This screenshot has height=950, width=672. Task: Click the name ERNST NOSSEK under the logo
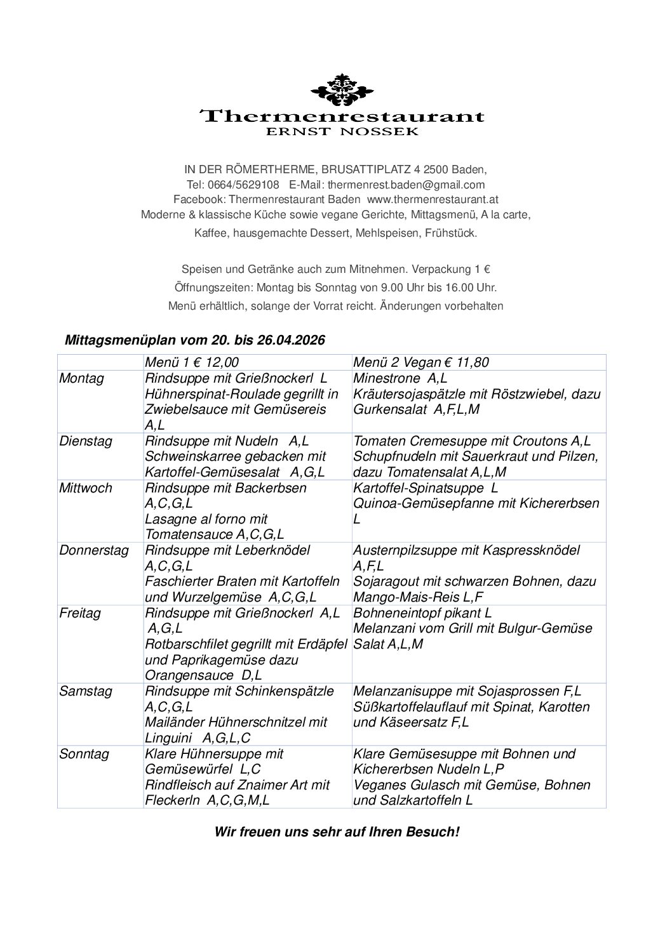[342, 132]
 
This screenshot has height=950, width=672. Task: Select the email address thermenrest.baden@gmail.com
[406, 185]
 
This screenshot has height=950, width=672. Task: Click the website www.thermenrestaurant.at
[433, 199]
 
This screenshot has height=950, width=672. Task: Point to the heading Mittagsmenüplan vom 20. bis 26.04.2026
[195, 340]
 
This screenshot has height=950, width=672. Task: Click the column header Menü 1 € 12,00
[192, 362]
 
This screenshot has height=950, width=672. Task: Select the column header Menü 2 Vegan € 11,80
[420, 362]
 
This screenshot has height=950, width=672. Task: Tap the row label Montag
[81, 378]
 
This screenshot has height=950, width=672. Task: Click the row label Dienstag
[85, 441]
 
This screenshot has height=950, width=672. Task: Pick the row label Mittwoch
[85, 488]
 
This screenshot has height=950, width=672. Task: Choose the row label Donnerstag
[93, 550]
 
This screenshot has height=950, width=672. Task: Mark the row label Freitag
[79, 614]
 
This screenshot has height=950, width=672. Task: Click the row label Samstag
[84, 691]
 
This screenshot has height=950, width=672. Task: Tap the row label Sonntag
[84, 754]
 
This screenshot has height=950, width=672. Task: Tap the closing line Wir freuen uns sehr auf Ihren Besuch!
[337, 831]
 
